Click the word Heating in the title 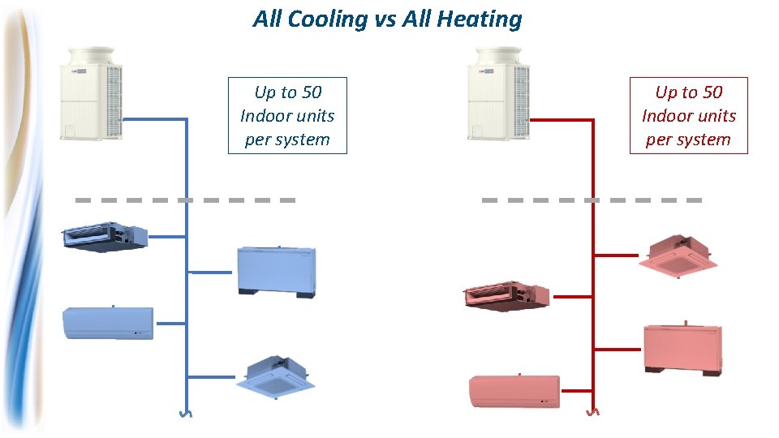coord(483,19)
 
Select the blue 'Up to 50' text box coord(287,115)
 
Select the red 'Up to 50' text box coord(688,115)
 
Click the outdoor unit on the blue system coord(93,93)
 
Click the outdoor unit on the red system coord(499,93)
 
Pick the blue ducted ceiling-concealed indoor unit coord(105,237)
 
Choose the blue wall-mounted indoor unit coord(108,322)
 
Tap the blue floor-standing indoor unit coord(275,271)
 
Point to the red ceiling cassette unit coord(678,255)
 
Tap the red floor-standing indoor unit coord(689,348)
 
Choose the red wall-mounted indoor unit coord(514,392)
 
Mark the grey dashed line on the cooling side coord(185,200)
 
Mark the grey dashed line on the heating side coord(592,200)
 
